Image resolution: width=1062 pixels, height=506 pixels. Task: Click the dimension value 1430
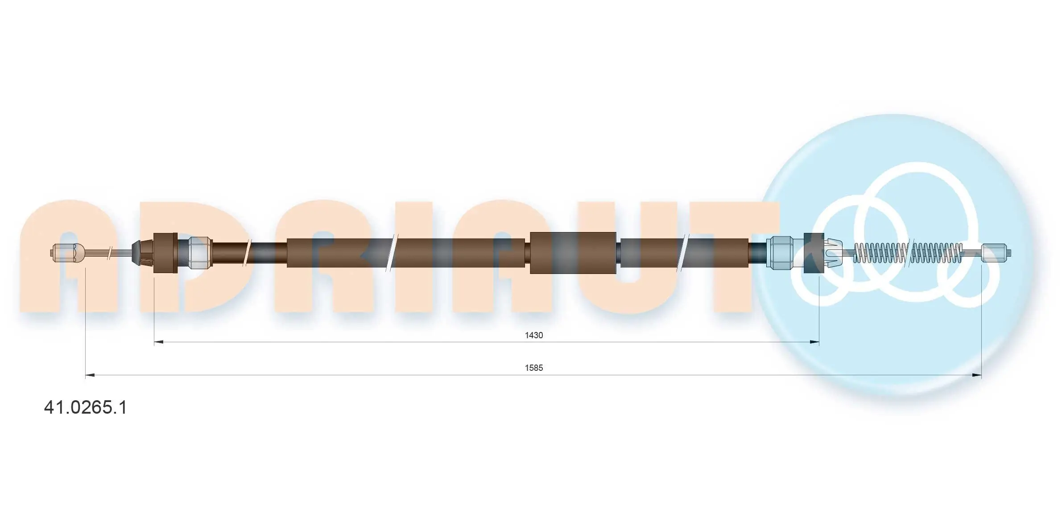pyautogui.click(x=533, y=335)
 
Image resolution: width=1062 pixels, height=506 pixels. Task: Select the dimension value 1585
pyautogui.click(x=533, y=368)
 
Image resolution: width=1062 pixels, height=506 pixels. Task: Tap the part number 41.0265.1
pyautogui.click(x=85, y=407)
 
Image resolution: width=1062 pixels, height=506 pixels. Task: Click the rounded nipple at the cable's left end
pyautogui.click(x=67, y=253)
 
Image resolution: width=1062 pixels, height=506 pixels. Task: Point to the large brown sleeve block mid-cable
pyautogui.click(x=573, y=253)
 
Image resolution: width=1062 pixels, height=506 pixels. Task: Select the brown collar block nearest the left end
pyautogui.click(x=165, y=253)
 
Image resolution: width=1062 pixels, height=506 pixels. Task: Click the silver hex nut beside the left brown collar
pyautogui.click(x=199, y=253)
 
